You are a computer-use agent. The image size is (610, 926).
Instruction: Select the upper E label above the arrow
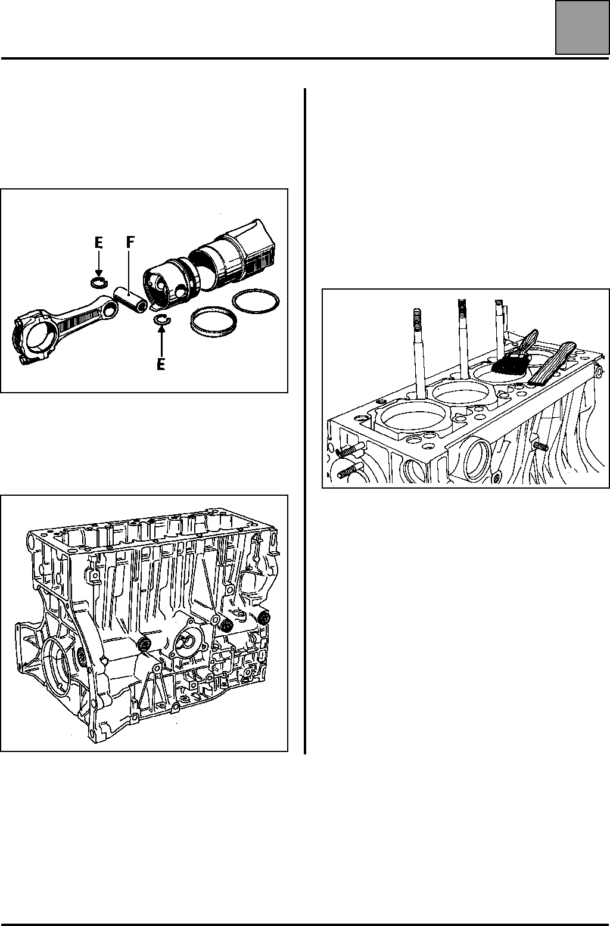click(98, 244)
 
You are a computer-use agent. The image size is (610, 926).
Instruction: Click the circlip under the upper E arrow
click(98, 282)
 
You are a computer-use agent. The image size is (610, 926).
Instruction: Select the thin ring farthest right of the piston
click(256, 301)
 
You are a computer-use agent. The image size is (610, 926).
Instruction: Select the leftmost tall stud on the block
click(418, 352)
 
